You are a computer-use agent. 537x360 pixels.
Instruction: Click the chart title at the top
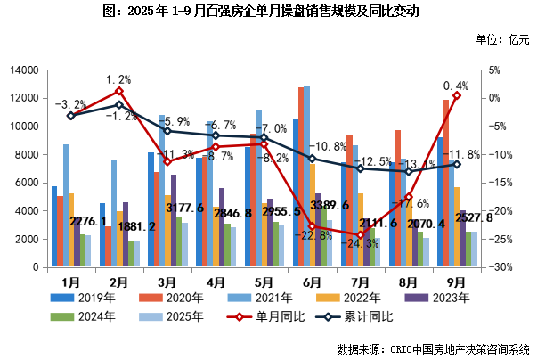269,12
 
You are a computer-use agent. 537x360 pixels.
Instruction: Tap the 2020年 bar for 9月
446,183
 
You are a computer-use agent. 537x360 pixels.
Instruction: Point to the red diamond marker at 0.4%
457,95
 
